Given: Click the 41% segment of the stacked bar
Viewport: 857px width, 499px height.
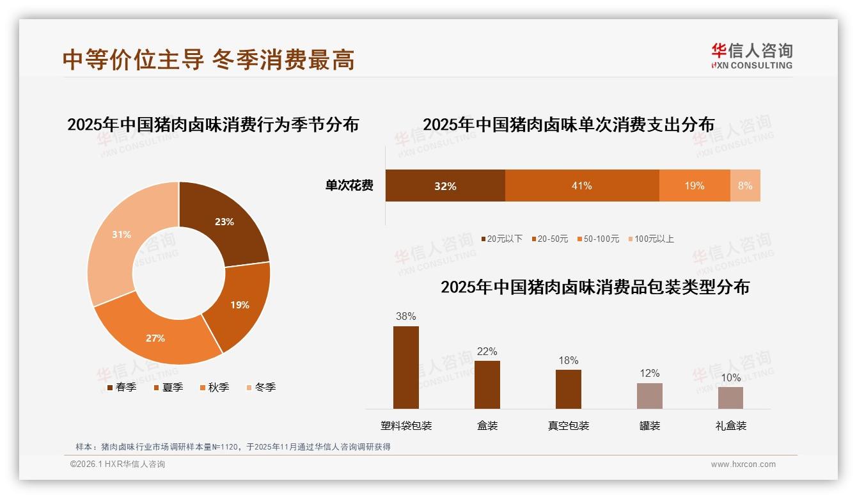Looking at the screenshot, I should click(582, 186).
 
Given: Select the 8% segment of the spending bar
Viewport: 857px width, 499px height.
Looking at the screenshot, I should click(745, 186).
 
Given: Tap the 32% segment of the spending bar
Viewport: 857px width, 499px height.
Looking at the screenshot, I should click(445, 186).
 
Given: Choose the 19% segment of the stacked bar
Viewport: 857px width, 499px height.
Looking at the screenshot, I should click(695, 186).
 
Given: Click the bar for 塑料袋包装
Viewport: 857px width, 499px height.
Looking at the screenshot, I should click(406, 367).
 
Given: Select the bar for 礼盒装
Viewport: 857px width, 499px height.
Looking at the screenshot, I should click(730, 397).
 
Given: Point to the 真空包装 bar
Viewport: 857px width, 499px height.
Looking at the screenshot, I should click(569, 389).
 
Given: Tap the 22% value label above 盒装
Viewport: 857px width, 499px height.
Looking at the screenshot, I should click(487, 351).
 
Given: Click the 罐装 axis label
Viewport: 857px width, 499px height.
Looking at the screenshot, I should click(650, 425).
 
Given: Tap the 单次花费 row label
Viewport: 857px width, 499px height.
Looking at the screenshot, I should click(349, 186).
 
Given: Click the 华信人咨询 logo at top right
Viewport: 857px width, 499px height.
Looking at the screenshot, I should click(751, 56).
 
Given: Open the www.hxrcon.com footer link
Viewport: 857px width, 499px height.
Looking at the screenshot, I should click(743, 464).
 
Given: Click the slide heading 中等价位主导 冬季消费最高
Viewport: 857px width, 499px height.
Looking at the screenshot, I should click(208, 59).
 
